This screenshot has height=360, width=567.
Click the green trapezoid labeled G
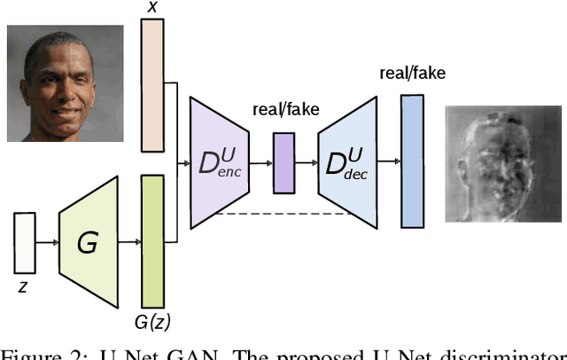[89, 241]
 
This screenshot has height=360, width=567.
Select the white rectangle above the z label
[25, 243]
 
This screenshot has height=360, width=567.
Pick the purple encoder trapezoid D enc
[218, 162]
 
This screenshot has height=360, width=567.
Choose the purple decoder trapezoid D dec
[347, 162]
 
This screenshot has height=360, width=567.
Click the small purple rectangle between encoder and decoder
[283, 163]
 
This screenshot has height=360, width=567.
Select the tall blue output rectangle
[413, 160]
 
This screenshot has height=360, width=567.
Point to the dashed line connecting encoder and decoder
[283, 212]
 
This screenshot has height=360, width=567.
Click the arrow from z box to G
[47, 241]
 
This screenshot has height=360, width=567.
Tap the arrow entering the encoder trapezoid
[183, 163]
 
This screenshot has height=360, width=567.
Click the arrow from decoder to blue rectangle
[390, 162]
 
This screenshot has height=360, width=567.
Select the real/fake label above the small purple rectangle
[285, 110]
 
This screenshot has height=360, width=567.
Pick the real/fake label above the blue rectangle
[412, 73]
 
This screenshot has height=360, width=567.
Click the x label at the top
[152, 7]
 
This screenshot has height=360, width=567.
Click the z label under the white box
[24, 287]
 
